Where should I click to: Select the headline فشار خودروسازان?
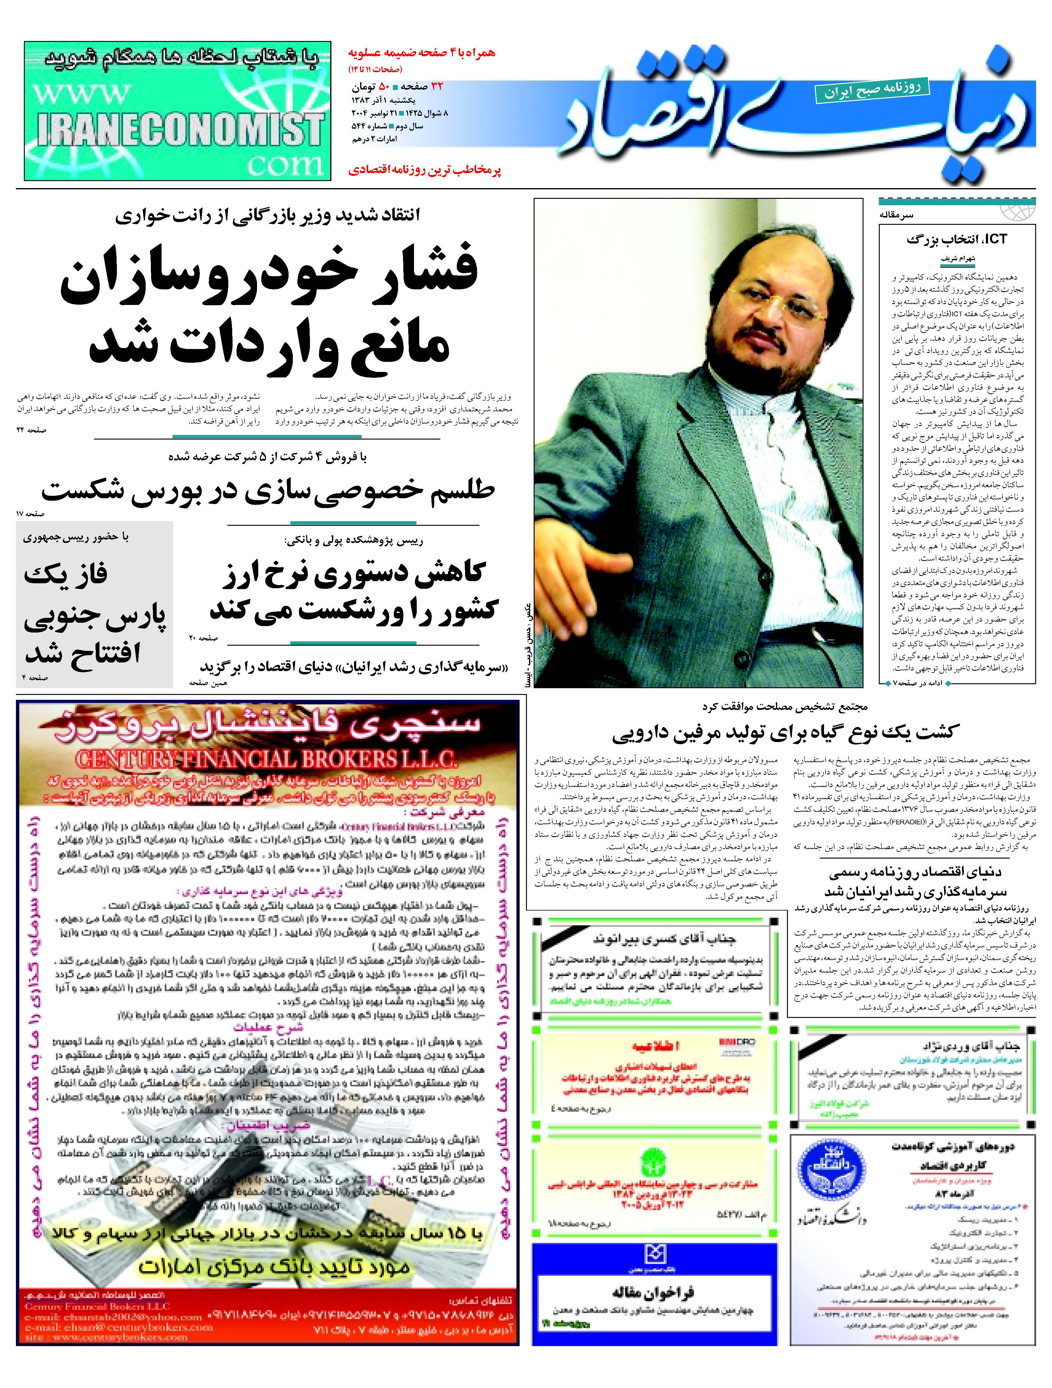click(270, 276)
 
